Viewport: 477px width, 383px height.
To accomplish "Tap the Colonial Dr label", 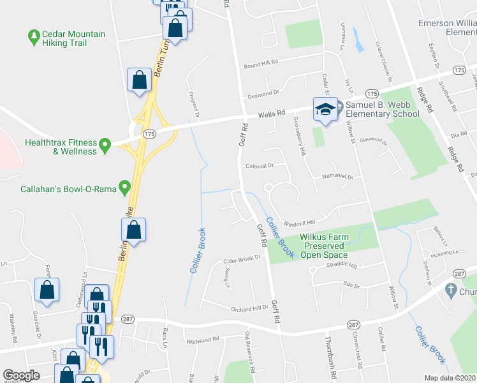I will coord(260,165).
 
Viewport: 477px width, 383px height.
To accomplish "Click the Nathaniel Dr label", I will coord(337,177).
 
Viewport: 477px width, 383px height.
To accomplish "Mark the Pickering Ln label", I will coord(443,253).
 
